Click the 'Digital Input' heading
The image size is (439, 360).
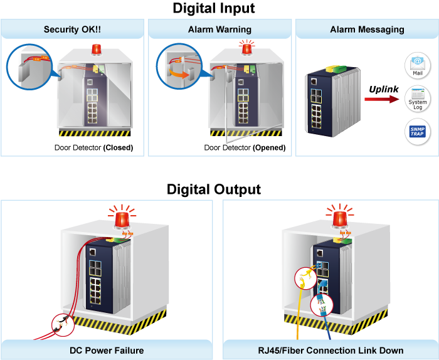213,9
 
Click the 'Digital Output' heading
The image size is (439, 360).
214,189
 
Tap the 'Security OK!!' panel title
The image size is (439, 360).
73,29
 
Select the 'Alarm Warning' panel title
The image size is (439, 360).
219,29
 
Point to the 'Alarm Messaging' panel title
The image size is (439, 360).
367,29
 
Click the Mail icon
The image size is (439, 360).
416,65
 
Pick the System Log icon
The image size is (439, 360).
417,98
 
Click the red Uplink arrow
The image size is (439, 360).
382,99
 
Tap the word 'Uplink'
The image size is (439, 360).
384,89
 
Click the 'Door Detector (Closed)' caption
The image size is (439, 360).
94,148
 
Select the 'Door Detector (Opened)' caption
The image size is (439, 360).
245,148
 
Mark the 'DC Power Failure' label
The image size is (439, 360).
107,350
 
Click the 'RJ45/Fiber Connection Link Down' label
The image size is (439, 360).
331,350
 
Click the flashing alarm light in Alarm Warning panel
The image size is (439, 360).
246,48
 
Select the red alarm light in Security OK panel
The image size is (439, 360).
97,50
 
